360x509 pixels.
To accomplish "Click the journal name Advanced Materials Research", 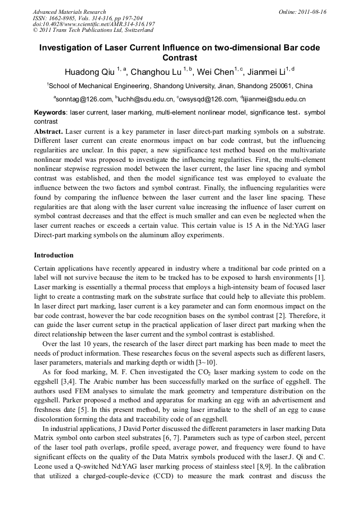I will [69, 12].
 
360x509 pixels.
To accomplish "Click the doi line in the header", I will [94, 24].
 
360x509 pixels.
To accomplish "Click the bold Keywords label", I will [50, 113].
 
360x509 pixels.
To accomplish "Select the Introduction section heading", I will [54, 255].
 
